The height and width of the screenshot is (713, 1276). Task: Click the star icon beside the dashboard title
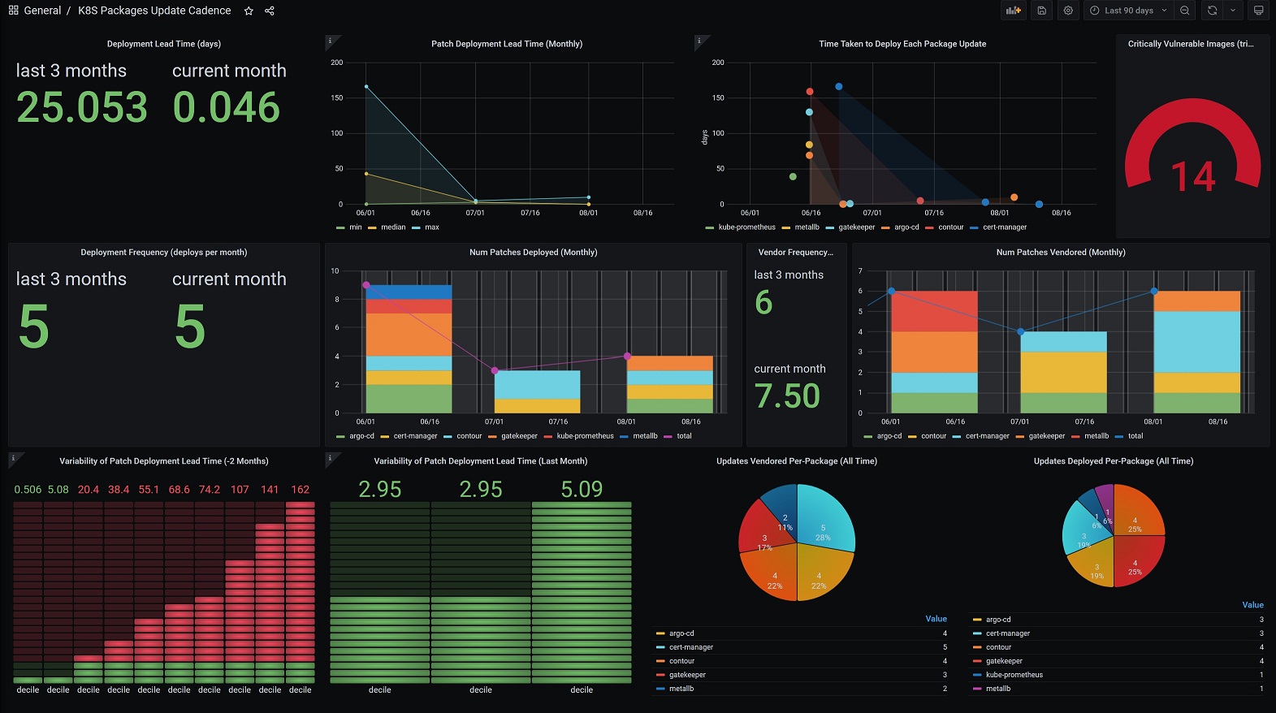pos(249,11)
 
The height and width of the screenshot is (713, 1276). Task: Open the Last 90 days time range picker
pos(1128,11)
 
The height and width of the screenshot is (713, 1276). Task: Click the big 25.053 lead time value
pos(82,107)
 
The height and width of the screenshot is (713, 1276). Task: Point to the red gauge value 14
pos(1193,176)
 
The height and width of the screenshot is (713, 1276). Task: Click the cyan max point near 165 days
pos(366,87)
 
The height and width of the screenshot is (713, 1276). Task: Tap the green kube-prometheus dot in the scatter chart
pos(793,176)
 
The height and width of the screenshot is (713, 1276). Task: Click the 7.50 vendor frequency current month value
pos(787,395)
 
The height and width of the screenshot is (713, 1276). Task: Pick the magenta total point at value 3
pos(495,371)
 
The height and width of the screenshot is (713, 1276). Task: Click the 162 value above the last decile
pos(301,490)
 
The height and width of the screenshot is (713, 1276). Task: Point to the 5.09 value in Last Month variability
pos(582,489)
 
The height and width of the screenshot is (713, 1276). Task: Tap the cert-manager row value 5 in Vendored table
pos(945,647)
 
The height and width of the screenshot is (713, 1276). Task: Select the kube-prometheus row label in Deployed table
pos(1014,675)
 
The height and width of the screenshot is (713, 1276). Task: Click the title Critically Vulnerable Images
pos(1191,44)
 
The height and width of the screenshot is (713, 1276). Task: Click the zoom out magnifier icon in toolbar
pos(1185,11)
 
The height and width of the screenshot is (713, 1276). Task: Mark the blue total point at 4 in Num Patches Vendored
pos(1021,331)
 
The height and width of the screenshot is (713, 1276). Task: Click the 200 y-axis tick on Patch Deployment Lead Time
pos(336,63)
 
